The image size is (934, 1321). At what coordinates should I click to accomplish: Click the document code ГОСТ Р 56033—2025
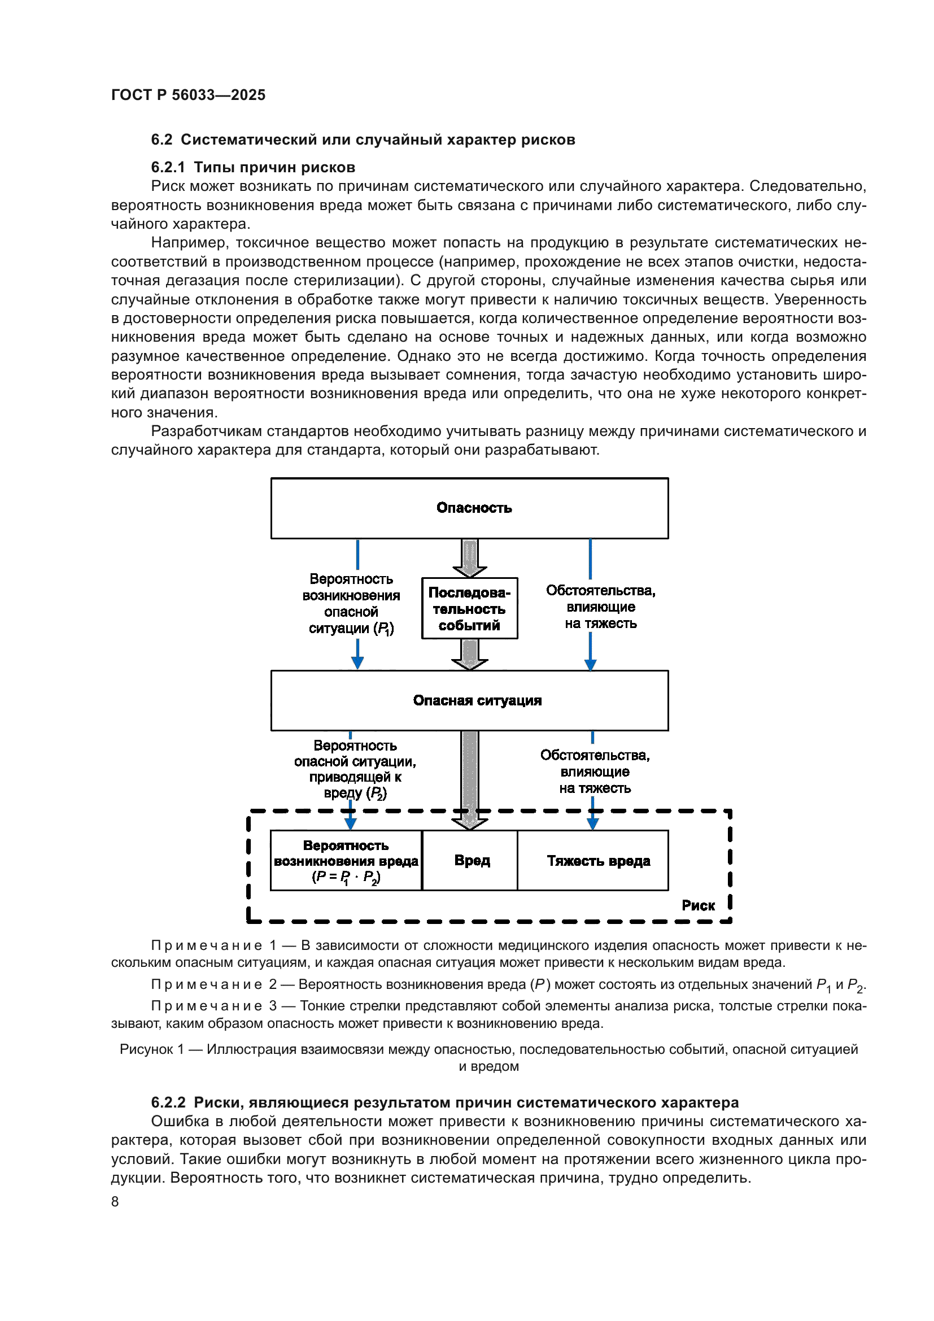pyautogui.click(x=188, y=95)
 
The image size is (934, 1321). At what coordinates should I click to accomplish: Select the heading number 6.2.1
pyautogui.click(x=168, y=167)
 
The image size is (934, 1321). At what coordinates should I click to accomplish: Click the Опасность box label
pyautogui.click(x=474, y=508)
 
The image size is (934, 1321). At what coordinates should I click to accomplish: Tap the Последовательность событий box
pyautogui.click(x=469, y=609)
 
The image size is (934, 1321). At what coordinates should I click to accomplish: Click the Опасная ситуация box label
pyautogui.click(x=477, y=700)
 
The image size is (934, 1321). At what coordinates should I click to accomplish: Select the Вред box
pyautogui.click(x=472, y=860)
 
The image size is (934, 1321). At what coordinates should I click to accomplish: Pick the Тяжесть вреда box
pyautogui.click(x=598, y=861)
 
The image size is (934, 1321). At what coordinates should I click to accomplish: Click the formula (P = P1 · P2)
pyautogui.click(x=346, y=878)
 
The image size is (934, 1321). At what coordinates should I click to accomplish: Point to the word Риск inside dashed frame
pyautogui.click(x=697, y=905)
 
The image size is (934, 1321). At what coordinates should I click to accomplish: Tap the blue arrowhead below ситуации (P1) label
pyautogui.click(x=357, y=663)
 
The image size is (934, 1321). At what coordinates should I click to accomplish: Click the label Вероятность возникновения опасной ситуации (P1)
pyautogui.click(x=351, y=604)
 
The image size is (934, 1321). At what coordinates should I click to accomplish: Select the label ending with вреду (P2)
pyautogui.click(x=355, y=769)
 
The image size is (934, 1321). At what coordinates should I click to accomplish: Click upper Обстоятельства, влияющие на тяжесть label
pyautogui.click(x=600, y=607)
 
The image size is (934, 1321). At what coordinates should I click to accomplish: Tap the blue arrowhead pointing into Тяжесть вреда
pyautogui.click(x=592, y=824)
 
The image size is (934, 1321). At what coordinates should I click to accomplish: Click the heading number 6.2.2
pyautogui.click(x=168, y=1102)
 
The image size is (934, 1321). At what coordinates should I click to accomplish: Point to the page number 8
pyautogui.click(x=115, y=1201)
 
